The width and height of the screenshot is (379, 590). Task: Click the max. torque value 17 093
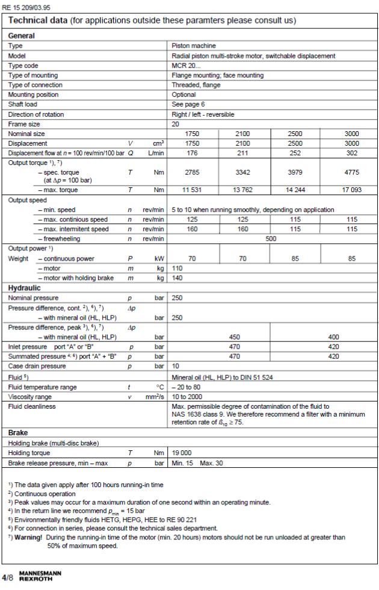tap(351, 190)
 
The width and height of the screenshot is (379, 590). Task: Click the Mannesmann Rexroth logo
tap(36, 576)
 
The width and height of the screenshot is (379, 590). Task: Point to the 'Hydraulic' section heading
tap(24, 288)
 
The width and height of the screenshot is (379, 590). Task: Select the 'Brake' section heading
tap(18, 433)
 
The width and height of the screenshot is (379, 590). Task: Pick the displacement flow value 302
tap(351, 153)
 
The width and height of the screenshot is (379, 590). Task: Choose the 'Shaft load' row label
tap(23, 104)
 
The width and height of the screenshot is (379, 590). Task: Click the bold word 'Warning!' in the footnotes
tap(28, 537)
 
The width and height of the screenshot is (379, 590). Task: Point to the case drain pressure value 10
tap(176, 366)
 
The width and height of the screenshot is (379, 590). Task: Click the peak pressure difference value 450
tap(235, 337)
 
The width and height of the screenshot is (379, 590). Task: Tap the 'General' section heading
tap(21, 36)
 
